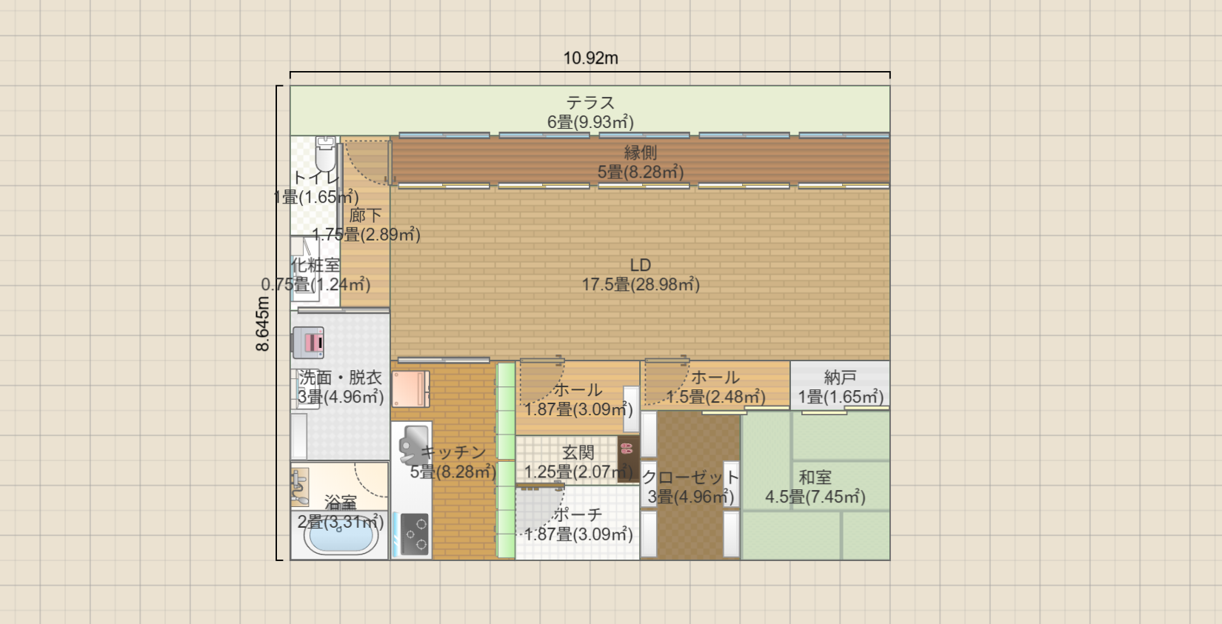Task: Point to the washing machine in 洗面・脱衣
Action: pyautogui.click(x=308, y=343)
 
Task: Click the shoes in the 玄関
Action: pyautogui.click(x=627, y=448)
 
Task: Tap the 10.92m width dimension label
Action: pyautogui.click(x=590, y=58)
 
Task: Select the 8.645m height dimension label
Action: pyautogui.click(x=263, y=323)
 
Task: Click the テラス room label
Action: pyautogui.click(x=590, y=103)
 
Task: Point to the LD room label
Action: pyautogui.click(x=641, y=265)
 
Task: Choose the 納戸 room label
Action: pyautogui.click(x=840, y=378)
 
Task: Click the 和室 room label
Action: pyautogui.click(x=815, y=477)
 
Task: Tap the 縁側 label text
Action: pyautogui.click(x=641, y=152)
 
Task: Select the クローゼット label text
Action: pyautogui.click(x=690, y=477)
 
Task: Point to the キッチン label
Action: pyautogui.click(x=453, y=452)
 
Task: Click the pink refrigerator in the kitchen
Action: pyautogui.click(x=410, y=389)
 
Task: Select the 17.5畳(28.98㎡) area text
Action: pyautogui.click(x=641, y=284)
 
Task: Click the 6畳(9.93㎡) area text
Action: pyautogui.click(x=590, y=122)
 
